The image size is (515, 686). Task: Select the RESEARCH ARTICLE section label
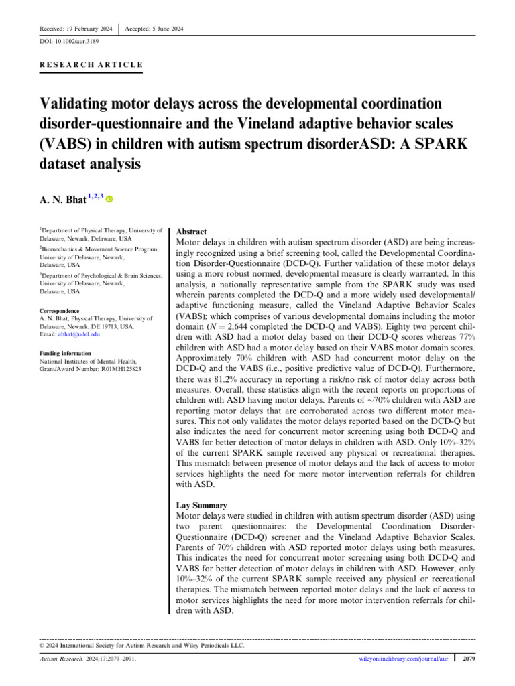tap(91, 64)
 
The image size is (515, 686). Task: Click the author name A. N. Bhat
tap(68, 199)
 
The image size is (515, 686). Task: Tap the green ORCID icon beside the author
tap(109, 199)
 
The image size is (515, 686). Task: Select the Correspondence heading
tap(59, 311)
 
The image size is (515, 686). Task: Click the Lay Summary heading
tap(201, 505)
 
